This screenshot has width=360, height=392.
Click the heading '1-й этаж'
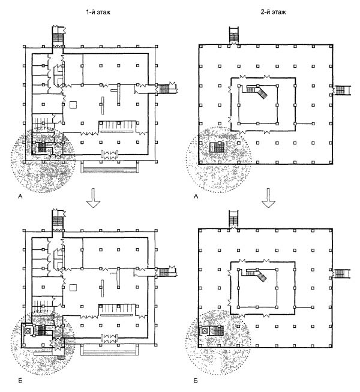98,12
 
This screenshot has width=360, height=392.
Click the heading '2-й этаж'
273,12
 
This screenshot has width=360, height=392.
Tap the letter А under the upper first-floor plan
20,197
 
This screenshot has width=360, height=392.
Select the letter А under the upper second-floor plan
196,197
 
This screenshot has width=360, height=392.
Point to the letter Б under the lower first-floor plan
20,381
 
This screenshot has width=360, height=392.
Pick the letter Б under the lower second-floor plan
196,381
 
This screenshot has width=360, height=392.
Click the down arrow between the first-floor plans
93,198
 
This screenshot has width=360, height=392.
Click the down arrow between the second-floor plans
269,198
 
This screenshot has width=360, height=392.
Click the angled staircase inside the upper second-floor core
257,91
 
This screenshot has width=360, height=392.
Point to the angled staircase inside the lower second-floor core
257,275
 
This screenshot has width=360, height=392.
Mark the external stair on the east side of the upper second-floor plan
341,90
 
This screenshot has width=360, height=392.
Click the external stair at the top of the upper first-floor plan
58,35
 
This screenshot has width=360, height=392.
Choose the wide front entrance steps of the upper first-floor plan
110,167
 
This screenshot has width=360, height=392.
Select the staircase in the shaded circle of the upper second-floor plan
217,147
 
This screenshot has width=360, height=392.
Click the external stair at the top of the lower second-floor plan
233,219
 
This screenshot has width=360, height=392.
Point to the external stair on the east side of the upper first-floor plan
166,89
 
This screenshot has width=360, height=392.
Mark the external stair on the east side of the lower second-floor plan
341,273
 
